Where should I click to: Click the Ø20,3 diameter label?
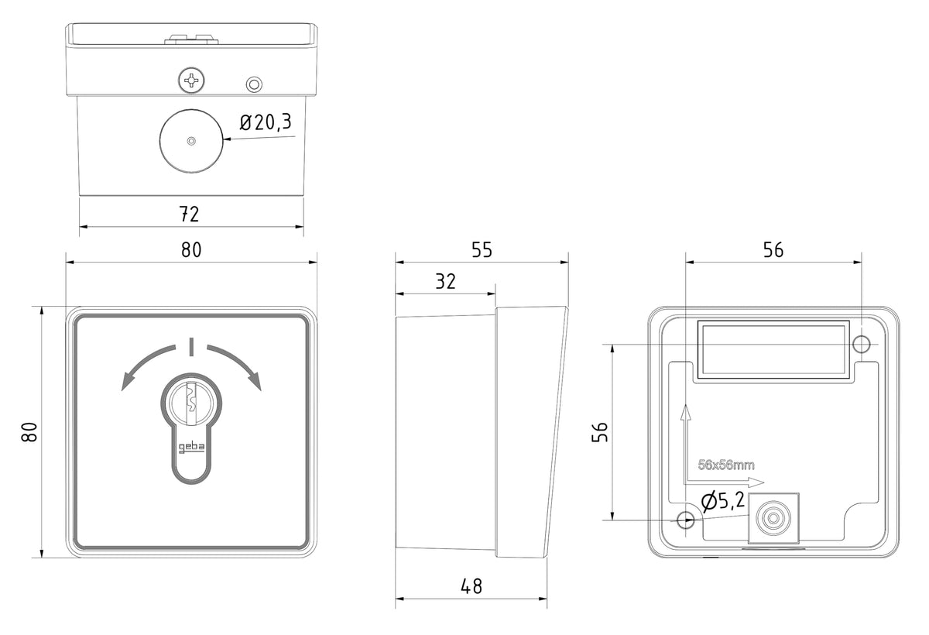[x=266, y=122]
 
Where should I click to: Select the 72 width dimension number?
[x=189, y=214]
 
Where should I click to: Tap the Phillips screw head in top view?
[x=191, y=80]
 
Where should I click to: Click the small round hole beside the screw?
[x=254, y=84]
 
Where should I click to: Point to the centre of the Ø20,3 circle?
[x=191, y=141]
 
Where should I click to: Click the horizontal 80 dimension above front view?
[x=191, y=249]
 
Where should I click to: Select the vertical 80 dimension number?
[x=29, y=432]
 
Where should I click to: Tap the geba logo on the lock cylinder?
[x=191, y=448]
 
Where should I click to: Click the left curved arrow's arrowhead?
[x=126, y=381]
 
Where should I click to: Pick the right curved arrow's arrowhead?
[x=256, y=381]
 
